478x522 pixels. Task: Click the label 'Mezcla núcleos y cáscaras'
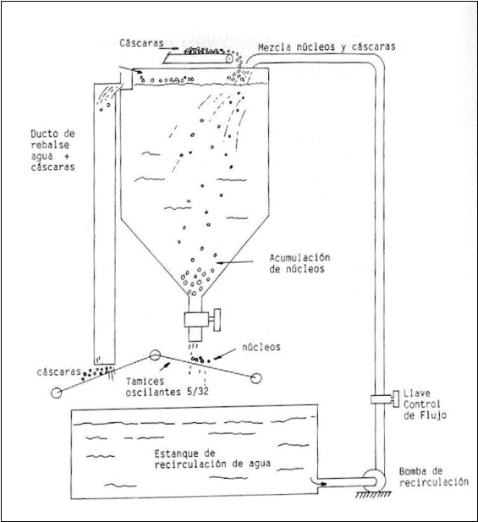(x=327, y=47)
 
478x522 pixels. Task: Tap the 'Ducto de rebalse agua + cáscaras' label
(x=53, y=151)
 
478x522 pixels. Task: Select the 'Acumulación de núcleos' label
(x=299, y=263)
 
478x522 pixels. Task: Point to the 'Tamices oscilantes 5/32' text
(x=168, y=387)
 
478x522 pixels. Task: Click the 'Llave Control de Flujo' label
(x=425, y=404)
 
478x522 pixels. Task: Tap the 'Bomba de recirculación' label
(x=434, y=476)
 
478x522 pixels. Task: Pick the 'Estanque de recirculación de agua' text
(x=212, y=459)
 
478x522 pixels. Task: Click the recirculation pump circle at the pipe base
(x=374, y=481)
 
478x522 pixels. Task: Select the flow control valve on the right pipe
(x=385, y=398)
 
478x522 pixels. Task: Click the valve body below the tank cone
(x=196, y=320)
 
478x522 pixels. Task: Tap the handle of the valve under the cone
(x=217, y=320)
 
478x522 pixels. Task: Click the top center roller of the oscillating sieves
(x=155, y=355)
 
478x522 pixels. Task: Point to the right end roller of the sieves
(x=255, y=378)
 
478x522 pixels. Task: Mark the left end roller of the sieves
(x=56, y=393)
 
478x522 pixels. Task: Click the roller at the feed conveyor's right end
(x=229, y=58)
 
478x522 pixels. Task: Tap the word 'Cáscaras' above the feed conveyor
(x=142, y=43)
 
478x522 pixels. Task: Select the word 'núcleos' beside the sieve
(x=261, y=347)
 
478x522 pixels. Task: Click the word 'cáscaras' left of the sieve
(x=59, y=371)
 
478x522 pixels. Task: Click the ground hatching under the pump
(x=373, y=494)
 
